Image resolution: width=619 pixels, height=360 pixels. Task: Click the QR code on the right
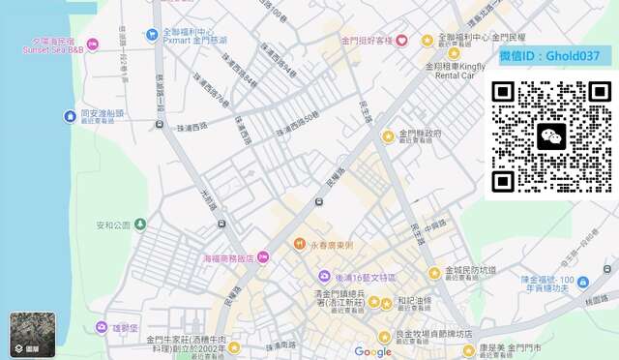[x=551, y=136]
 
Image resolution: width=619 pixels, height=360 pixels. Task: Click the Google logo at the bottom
[x=372, y=351]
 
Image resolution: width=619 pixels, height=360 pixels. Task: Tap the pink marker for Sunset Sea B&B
[x=93, y=44]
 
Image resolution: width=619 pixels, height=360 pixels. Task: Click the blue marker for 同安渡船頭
[x=70, y=116]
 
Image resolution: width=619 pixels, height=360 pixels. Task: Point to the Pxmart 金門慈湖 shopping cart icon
[x=152, y=35]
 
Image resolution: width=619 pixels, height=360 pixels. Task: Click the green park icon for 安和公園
[x=140, y=225]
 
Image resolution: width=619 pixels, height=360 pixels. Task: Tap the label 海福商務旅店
[x=228, y=258]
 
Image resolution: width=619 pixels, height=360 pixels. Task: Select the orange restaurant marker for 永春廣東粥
[x=300, y=244]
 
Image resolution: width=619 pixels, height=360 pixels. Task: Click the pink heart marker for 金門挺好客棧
[x=401, y=41]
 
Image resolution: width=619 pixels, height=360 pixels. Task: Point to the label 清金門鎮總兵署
[x=341, y=293]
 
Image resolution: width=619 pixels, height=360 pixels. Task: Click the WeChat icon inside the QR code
[x=551, y=136]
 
